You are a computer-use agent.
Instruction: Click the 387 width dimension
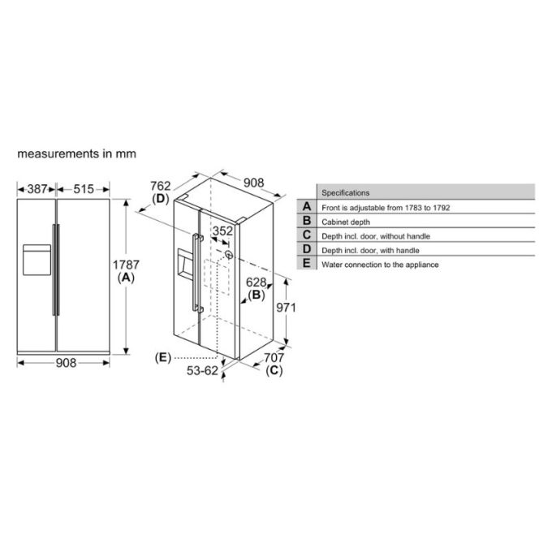(x=37, y=189)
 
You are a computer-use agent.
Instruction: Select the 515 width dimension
(x=83, y=189)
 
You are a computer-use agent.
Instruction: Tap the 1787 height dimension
(x=126, y=265)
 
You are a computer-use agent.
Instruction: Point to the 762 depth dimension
(x=160, y=186)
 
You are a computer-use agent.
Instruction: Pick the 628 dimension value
(x=257, y=282)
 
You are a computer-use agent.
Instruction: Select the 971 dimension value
(x=285, y=308)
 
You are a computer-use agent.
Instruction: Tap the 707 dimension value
(x=274, y=357)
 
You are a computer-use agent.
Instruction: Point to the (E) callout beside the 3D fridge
(x=162, y=357)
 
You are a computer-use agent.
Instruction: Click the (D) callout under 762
(x=160, y=199)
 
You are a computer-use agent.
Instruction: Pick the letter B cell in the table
(x=307, y=221)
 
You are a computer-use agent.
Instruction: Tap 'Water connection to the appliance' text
(x=380, y=265)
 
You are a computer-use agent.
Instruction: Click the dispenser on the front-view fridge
(x=36, y=260)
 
